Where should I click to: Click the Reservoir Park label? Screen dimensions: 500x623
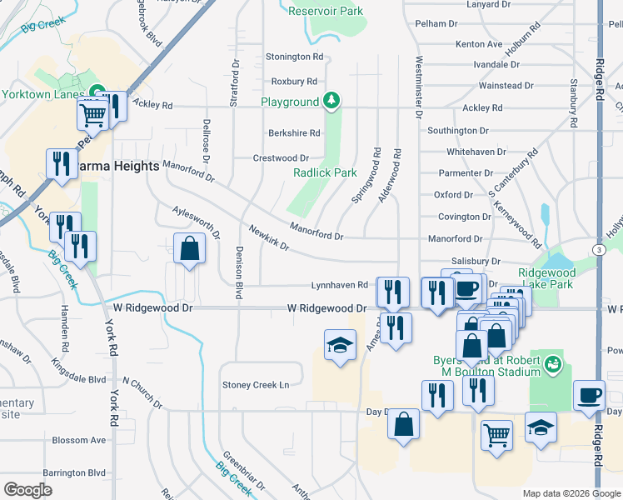[x=326, y=11]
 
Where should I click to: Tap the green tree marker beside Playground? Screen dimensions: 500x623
[x=332, y=101]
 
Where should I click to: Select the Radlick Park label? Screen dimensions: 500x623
[x=325, y=172]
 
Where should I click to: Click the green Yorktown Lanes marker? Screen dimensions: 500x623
[x=95, y=92]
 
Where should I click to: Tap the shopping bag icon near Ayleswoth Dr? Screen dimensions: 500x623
[x=190, y=248]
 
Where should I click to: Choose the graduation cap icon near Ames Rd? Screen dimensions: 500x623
[x=340, y=344]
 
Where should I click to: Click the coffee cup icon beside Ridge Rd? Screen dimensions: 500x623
[x=590, y=395]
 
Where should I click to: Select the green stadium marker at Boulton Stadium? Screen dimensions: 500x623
[x=552, y=364]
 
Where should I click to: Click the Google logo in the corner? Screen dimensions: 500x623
[x=27, y=489]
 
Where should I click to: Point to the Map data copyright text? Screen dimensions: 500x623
[x=571, y=493]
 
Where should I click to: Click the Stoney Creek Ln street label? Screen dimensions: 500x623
[x=255, y=385]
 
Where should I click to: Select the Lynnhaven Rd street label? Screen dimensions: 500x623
[x=339, y=285]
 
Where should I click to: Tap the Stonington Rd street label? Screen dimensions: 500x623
[x=294, y=57]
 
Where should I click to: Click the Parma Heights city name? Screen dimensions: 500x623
[x=117, y=166]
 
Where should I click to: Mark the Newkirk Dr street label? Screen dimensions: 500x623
[x=268, y=236]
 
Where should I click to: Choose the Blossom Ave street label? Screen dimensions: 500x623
[x=79, y=440]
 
